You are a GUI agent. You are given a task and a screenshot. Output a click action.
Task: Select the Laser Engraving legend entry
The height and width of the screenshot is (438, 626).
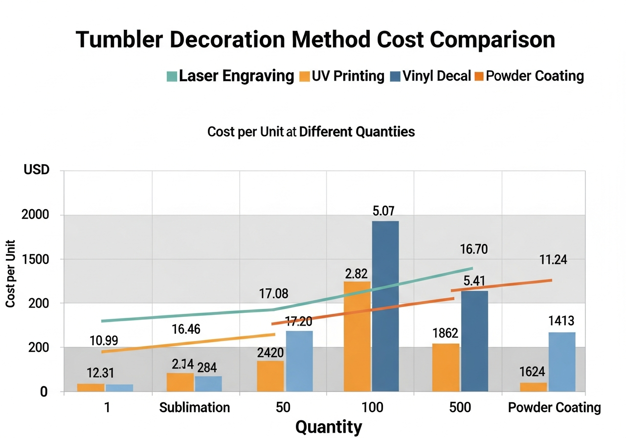point(230,76)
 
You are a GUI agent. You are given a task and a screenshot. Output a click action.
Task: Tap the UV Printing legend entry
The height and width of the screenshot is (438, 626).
point(342,76)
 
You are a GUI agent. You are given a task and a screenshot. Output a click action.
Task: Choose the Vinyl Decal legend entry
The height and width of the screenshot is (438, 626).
point(430,76)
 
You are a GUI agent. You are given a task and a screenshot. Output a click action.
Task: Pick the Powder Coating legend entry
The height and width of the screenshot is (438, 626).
point(530,76)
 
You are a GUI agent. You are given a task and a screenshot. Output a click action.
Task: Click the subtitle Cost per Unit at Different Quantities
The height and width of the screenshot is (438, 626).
point(311,132)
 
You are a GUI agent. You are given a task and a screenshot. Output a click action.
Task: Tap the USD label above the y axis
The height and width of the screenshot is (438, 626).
point(37,171)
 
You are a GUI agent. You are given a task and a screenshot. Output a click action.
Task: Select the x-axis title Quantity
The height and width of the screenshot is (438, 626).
point(329,427)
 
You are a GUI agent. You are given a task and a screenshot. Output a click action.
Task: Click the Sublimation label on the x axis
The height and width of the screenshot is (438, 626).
point(195,407)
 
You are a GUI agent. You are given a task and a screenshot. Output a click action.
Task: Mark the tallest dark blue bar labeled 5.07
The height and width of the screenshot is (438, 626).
point(385,306)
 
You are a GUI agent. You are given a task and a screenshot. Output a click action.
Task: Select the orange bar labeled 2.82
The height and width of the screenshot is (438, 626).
point(357,336)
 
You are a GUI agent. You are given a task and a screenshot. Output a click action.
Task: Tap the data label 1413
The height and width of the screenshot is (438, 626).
point(561,321)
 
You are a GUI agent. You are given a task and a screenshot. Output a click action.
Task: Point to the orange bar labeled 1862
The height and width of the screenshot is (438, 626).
point(446,367)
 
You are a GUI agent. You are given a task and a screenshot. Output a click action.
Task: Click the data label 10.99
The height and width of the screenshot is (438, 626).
point(104,341)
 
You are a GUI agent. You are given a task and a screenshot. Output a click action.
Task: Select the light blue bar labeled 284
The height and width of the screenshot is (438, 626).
point(208,384)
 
